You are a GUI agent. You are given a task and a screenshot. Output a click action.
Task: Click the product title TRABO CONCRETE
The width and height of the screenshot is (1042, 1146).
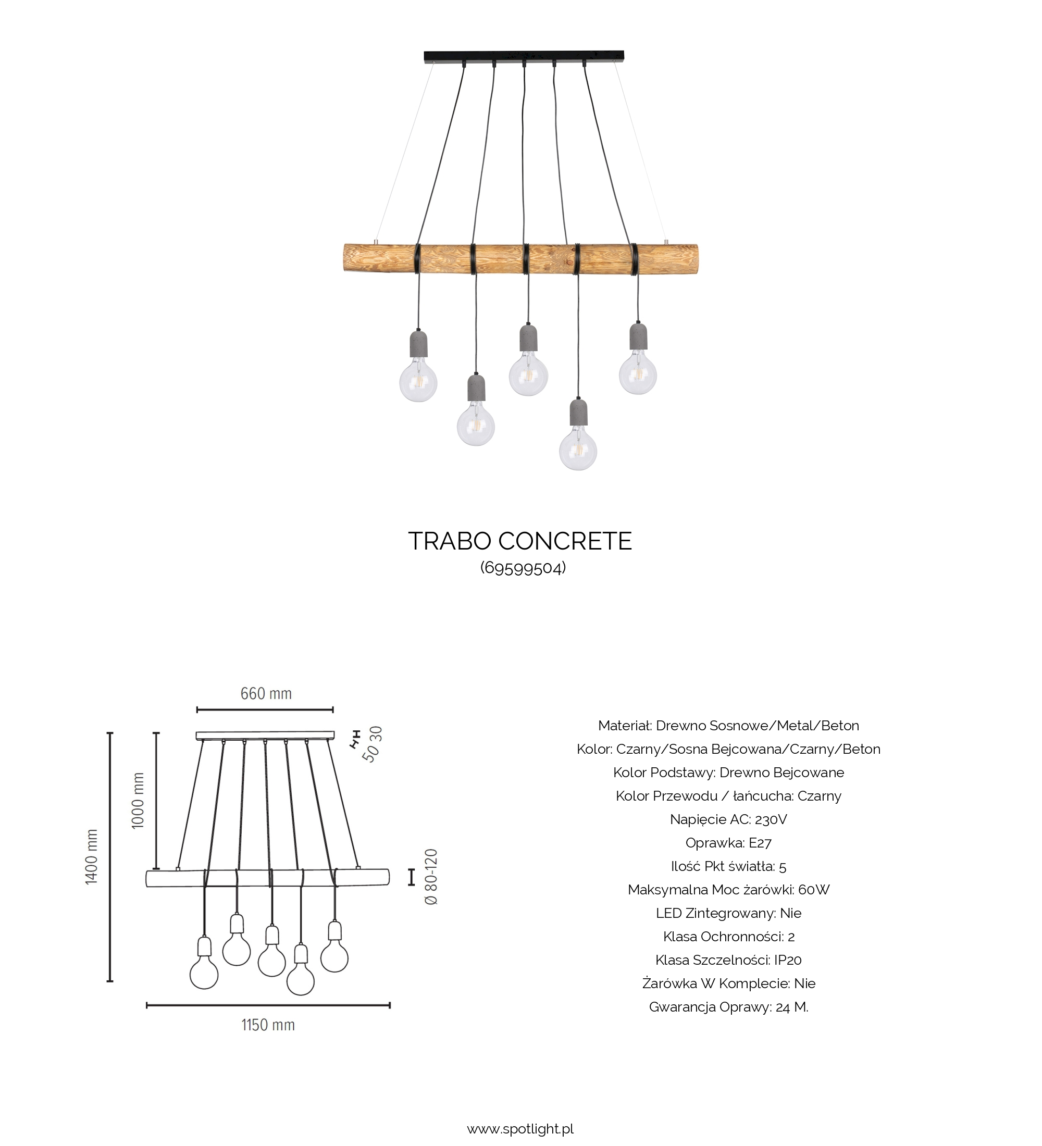pyautogui.click(x=519, y=541)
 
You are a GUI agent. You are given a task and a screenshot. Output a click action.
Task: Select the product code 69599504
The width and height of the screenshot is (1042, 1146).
pyautogui.click(x=523, y=568)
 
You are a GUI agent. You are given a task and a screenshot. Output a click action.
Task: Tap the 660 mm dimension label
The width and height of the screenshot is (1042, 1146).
pyautogui.click(x=266, y=693)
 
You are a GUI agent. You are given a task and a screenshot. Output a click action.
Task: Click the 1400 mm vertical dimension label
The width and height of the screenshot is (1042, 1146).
pyautogui.click(x=92, y=857)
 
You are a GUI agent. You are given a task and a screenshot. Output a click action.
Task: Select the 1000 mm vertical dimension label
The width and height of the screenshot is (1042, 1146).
pyautogui.click(x=138, y=801)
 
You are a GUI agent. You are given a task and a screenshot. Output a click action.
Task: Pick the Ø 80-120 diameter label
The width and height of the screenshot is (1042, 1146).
pyautogui.click(x=431, y=877)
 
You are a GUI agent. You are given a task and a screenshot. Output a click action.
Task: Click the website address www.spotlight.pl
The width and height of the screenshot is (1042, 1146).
pyautogui.click(x=520, y=1129)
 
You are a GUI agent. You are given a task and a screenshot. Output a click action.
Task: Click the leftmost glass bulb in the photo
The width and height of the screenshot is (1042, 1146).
pyautogui.click(x=418, y=381)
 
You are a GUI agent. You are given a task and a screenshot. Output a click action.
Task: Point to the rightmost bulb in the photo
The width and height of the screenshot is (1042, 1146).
pyautogui.click(x=638, y=374)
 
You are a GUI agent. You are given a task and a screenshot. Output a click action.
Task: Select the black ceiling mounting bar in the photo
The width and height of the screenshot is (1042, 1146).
pyautogui.click(x=524, y=56)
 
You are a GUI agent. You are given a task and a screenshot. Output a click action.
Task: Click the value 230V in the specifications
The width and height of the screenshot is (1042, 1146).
pyautogui.click(x=771, y=819)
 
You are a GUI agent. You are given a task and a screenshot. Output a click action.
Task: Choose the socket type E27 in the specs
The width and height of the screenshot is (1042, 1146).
pyautogui.click(x=760, y=842)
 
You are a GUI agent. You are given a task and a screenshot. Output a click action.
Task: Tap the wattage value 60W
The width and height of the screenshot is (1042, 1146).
pyautogui.click(x=814, y=890)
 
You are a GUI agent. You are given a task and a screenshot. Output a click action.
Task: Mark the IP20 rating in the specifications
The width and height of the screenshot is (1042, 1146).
pyautogui.click(x=788, y=960)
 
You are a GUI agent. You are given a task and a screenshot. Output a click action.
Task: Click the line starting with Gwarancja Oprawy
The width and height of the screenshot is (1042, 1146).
pyautogui.click(x=728, y=1007)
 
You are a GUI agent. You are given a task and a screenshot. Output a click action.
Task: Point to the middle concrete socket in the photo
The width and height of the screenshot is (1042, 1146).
pyautogui.click(x=528, y=338)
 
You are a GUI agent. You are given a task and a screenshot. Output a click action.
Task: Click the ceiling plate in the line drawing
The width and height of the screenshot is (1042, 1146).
pyautogui.click(x=266, y=736)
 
